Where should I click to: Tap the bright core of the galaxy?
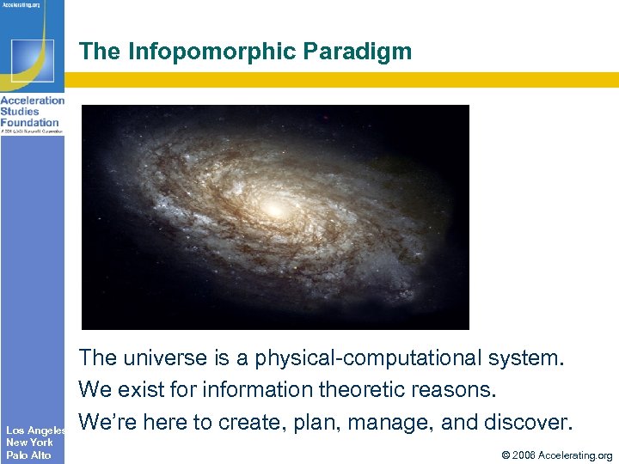pos(274,209)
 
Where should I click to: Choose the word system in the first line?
pos(525,358)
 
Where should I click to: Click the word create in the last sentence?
pos(245,423)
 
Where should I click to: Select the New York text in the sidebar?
pos(29,443)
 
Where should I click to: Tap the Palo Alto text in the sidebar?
pos(28,455)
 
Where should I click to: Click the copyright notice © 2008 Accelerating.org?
pos(556,455)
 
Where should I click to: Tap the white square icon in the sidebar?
pos(32,60)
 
